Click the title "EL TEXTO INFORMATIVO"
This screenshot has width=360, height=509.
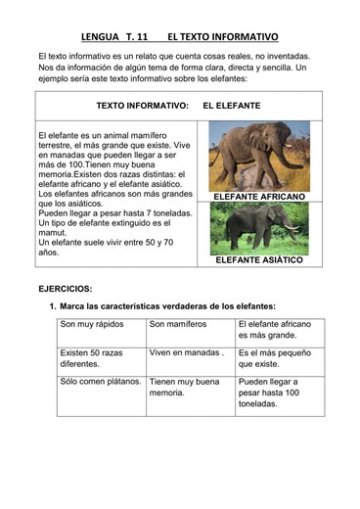tap(222, 37)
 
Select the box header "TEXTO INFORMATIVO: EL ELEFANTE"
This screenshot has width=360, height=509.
tap(179, 104)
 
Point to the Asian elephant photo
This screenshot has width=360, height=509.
tap(257, 228)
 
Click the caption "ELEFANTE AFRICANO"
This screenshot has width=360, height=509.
tap(258, 197)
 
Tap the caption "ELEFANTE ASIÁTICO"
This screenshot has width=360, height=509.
tap(258, 260)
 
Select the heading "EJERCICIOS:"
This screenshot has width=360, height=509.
tap(66, 290)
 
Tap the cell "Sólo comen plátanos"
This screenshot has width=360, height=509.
tap(101, 382)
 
